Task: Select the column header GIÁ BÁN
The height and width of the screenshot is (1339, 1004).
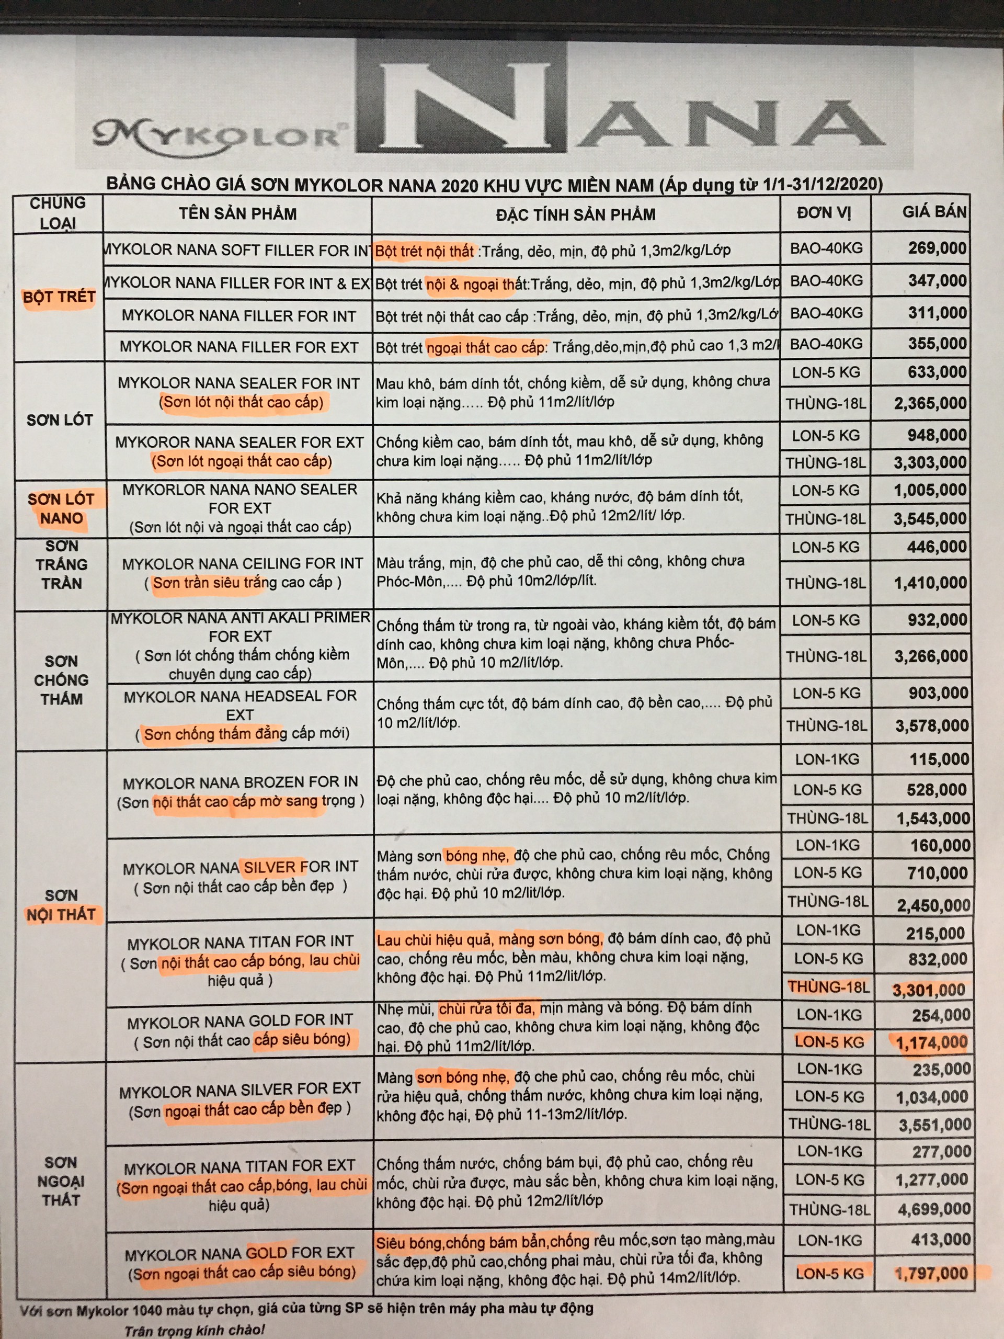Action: (x=934, y=212)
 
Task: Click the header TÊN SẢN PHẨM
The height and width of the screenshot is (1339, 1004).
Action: (x=237, y=214)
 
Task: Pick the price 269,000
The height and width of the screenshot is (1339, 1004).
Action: (x=937, y=248)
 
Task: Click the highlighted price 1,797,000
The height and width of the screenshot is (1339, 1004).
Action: (x=931, y=1274)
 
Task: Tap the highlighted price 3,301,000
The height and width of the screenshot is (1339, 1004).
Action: (x=928, y=990)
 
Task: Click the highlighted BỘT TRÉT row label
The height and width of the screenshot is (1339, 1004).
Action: (x=59, y=297)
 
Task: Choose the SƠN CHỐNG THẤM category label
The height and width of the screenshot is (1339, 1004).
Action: (x=61, y=680)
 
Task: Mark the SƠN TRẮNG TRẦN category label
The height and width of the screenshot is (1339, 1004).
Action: (x=61, y=564)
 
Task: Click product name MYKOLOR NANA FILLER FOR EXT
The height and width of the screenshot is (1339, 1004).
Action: (x=238, y=347)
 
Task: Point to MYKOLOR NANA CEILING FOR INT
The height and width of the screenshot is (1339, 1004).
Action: (x=242, y=563)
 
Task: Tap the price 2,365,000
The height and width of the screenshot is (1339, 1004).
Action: (x=930, y=403)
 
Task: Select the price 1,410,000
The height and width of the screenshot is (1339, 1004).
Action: (x=930, y=583)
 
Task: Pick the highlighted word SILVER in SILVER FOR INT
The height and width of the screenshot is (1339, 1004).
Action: (x=269, y=867)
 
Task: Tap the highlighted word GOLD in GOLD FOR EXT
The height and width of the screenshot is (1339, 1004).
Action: (x=266, y=1253)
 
